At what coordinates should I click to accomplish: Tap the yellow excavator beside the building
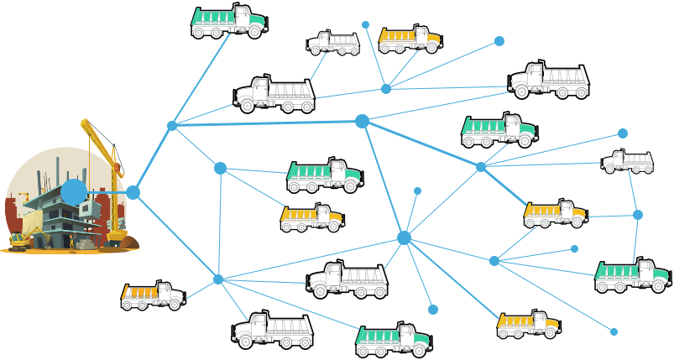pyautogui.click(x=18, y=241)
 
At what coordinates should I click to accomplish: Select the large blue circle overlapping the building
pyautogui.click(x=74, y=192)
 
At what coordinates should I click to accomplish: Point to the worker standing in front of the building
pyautogui.click(x=72, y=243)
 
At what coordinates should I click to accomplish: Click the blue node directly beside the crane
pyautogui.click(x=133, y=192)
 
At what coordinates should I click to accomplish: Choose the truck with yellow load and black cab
pyautogui.click(x=153, y=295)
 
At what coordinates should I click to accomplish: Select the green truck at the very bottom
pyautogui.click(x=393, y=338)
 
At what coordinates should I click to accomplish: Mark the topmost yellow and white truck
pyautogui.click(x=410, y=38)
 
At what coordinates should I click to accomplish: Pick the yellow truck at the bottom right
pyautogui.click(x=528, y=324)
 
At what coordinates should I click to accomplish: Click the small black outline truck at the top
pyautogui.click(x=333, y=42)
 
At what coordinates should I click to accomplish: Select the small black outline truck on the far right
pyautogui.click(x=627, y=161)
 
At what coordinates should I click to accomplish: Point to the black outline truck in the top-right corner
pyautogui.click(x=549, y=80)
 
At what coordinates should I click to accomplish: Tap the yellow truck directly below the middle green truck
pyautogui.click(x=311, y=217)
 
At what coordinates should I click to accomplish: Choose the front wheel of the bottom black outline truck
pyautogui.click(x=244, y=341)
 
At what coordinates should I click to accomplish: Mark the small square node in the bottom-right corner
pyautogui.click(x=614, y=332)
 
